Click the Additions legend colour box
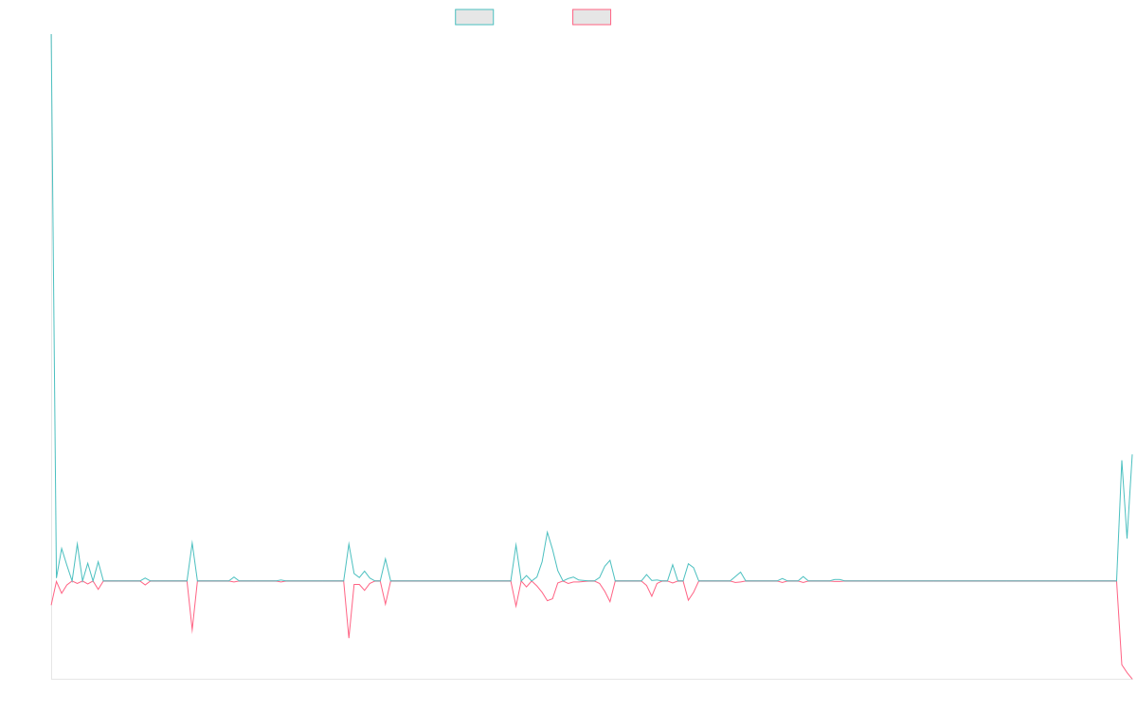pos(475,17)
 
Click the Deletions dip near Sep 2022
pos(192,632)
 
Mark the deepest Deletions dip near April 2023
pos(349,637)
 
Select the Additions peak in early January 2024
pos(548,531)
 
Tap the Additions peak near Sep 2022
pos(192,541)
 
